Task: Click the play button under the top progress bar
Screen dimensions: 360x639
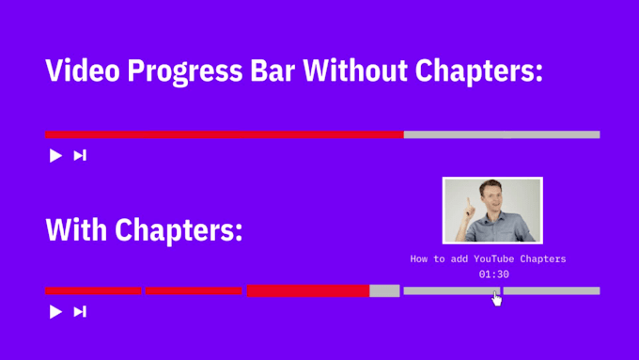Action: point(55,156)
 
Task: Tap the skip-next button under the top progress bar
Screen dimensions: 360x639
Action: point(80,156)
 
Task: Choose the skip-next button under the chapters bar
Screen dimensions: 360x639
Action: point(80,311)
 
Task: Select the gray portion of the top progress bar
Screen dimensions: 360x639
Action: point(502,134)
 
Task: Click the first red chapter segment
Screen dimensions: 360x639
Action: point(93,291)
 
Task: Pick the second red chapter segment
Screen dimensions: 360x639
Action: point(194,291)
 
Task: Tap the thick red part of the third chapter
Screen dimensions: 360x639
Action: point(307,290)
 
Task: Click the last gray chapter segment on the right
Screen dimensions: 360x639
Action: point(552,291)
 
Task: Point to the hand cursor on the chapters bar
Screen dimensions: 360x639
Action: point(496,298)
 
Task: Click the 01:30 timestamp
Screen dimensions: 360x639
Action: point(493,274)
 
